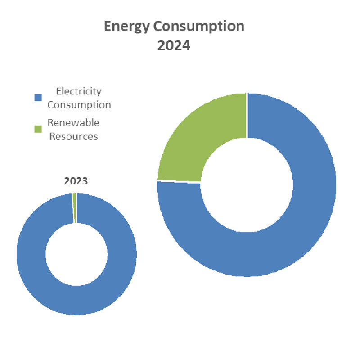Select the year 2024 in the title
click(174, 45)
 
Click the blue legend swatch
click(38, 97)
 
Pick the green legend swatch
click(38, 129)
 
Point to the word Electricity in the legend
click(79, 91)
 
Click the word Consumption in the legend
click(79, 105)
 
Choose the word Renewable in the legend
click(73, 122)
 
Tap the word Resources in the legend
click(73, 136)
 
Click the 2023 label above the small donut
click(76, 181)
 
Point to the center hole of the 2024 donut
click(247, 185)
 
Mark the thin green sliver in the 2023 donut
click(75, 207)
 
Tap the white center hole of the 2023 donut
click(76, 254)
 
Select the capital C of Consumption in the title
click(158, 27)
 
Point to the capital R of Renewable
click(51, 122)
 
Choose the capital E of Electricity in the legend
click(58, 91)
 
